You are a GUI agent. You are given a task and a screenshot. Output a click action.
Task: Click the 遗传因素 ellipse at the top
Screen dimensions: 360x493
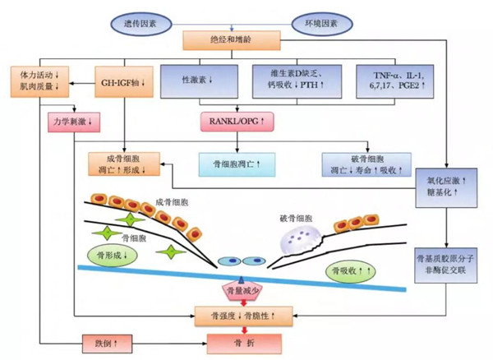(146, 16)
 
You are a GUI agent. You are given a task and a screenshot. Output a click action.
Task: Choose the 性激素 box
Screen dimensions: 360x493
(199, 80)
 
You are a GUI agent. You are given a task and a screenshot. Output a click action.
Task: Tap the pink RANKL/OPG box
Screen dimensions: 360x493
(237, 122)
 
